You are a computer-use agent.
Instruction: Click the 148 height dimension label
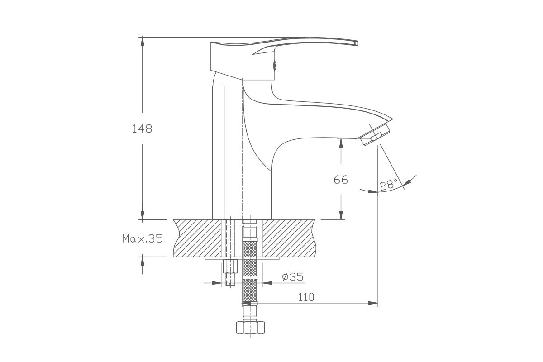(142, 129)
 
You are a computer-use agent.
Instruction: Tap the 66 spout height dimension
(341, 180)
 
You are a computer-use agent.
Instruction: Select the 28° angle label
(389, 185)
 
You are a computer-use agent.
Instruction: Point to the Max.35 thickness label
(142, 238)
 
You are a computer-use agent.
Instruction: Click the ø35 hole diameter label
(293, 276)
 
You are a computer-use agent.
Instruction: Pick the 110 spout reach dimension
(306, 297)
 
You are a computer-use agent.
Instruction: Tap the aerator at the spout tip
(375, 135)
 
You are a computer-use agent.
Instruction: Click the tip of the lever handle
(357, 43)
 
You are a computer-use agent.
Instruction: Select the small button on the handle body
(275, 65)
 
